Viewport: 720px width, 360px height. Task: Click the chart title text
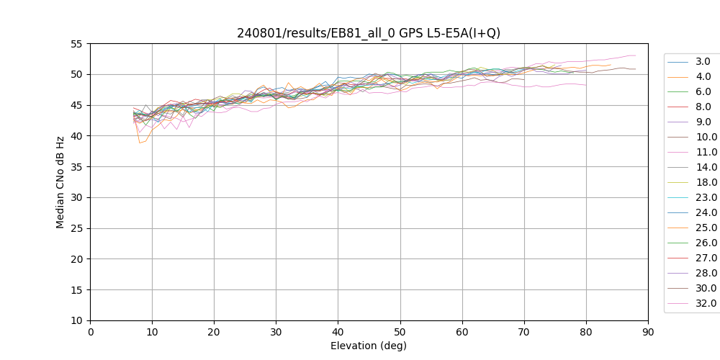pyautogui.click(x=369, y=33)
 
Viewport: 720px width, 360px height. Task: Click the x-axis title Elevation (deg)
pyautogui.click(x=369, y=346)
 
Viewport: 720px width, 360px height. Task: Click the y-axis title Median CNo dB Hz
pyautogui.click(x=60, y=182)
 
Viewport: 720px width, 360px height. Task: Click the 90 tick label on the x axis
pyautogui.click(x=649, y=333)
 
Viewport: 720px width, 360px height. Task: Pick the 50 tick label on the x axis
pyautogui.click(x=400, y=333)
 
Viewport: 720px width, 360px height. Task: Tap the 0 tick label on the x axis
pyautogui.click(x=91, y=333)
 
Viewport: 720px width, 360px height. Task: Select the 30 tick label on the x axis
pyautogui.click(x=276, y=333)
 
